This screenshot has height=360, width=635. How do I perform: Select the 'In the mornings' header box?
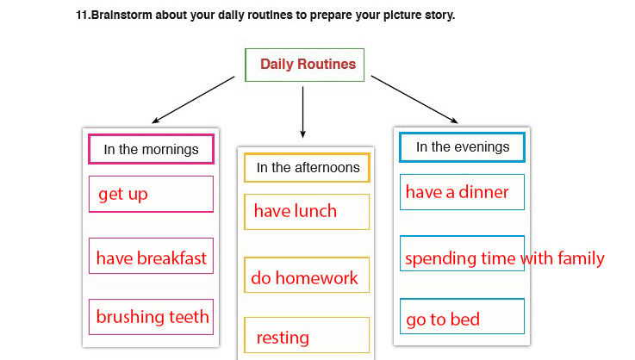[151, 149]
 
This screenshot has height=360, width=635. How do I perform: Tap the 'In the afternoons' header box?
[308, 168]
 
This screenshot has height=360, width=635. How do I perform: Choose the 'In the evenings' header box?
[462, 147]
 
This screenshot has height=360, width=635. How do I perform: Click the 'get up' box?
[151, 194]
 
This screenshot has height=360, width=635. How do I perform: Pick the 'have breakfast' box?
[151, 257]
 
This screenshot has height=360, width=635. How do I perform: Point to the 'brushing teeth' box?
[151, 317]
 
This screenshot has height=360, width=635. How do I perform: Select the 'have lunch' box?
[307, 211]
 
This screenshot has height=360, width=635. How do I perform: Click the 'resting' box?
[307, 336]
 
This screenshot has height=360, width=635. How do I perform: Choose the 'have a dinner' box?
[462, 192]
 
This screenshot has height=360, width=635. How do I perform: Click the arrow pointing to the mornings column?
[191, 101]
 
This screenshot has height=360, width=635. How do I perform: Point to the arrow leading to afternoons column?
[302, 110]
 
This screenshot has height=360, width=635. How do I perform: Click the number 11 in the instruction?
[81, 16]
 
